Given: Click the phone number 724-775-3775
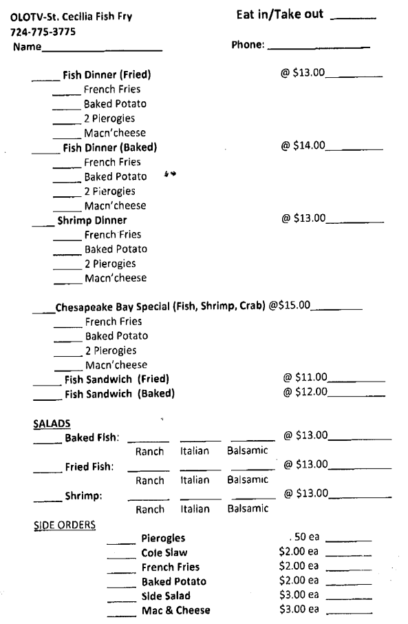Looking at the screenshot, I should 43,32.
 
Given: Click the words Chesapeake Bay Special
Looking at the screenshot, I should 118,307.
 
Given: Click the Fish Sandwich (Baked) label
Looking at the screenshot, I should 119,394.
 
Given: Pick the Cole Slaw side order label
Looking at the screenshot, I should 164,552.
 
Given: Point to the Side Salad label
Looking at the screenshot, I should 166,595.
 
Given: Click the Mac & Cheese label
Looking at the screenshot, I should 175,610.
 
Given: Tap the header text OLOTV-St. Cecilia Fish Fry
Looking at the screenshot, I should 70,18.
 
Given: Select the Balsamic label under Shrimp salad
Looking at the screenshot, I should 247,510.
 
